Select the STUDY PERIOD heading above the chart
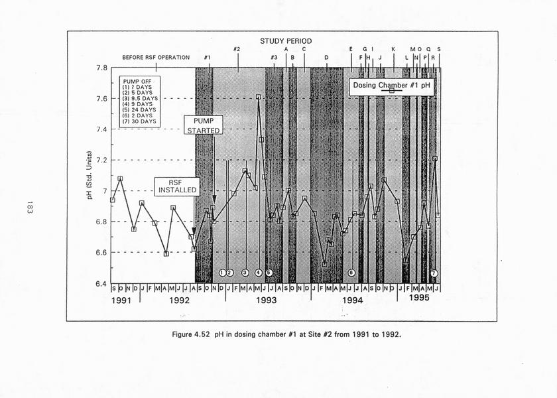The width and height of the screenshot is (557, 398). tap(285, 41)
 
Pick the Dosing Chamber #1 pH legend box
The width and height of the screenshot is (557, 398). tap(391, 86)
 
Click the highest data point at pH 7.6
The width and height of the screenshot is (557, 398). tap(259, 97)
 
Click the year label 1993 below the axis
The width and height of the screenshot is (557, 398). tap(266, 300)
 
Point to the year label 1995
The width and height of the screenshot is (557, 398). tap(418, 298)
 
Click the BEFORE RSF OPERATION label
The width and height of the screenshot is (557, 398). tap(156, 58)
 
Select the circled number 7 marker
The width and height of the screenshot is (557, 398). tap(434, 273)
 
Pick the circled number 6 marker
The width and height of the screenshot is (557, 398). tap(351, 273)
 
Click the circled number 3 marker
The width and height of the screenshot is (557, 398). tap(245, 273)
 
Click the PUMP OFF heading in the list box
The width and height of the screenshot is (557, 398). tap(137, 80)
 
